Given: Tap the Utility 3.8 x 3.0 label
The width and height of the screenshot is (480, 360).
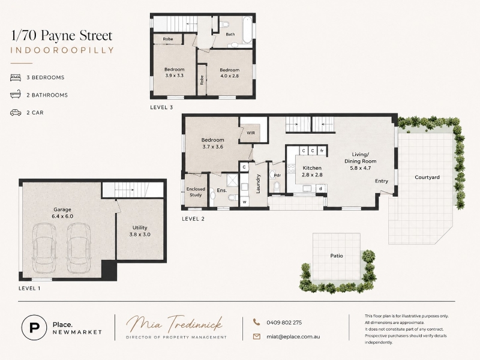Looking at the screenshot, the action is [140, 231].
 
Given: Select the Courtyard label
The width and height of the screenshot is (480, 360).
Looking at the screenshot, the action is [427, 177].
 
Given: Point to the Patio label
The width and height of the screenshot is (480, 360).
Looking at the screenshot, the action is [337, 256].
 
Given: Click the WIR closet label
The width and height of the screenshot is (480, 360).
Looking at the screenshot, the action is [251, 133].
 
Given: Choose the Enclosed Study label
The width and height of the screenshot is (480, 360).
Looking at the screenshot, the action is [196, 192].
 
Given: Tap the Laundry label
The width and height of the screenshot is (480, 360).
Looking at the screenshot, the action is [258, 184].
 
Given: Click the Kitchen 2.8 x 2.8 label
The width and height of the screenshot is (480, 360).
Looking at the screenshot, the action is [312, 172].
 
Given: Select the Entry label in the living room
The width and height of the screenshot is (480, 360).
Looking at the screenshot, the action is [382, 181].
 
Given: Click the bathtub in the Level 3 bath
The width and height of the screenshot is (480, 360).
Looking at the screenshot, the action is [247, 31].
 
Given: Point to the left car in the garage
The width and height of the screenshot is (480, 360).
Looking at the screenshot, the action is [44, 248].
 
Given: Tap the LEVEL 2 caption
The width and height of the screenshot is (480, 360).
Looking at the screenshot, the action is [193, 219].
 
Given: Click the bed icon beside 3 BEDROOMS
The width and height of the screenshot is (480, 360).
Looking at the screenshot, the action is [16, 77].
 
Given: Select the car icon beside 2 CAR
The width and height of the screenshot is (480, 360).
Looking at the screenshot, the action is [16, 113].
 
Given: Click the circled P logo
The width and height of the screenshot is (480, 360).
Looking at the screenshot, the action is [34, 328].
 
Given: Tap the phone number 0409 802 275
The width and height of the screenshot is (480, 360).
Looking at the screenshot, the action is [284, 322].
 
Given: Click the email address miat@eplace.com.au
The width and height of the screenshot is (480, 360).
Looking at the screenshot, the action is [293, 337].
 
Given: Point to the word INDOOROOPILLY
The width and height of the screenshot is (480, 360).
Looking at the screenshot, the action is [62, 50].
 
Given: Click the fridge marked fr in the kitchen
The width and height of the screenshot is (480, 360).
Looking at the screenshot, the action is [322, 151].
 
